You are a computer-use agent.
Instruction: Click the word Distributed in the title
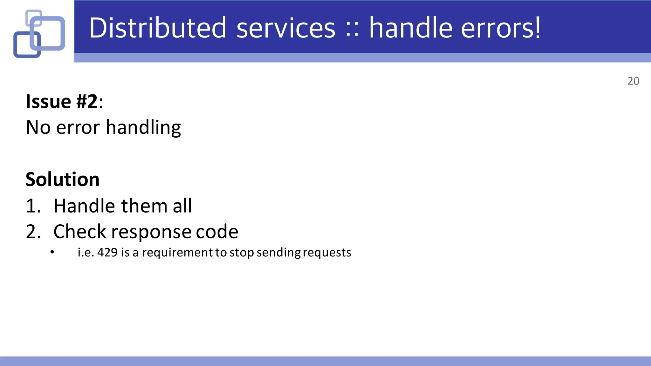tap(158, 28)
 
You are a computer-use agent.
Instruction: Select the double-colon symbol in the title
tap(352, 30)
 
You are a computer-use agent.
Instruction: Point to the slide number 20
tap(633, 81)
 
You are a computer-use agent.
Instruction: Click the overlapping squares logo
tap(39, 34)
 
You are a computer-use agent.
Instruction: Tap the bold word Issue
tap(48, 102)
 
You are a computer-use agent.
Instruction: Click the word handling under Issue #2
tap(143, 128)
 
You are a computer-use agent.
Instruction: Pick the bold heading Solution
tap(63, 180)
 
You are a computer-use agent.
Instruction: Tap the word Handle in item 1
tap(84, 206)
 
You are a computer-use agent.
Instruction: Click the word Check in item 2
tap(79, 232)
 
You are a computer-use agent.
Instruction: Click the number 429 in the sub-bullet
tap(107, 252)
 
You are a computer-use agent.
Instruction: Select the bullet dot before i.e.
tap(52, 252)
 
